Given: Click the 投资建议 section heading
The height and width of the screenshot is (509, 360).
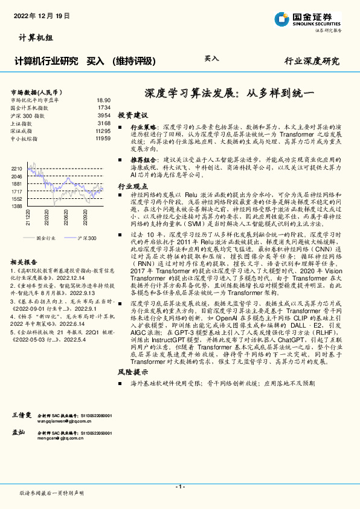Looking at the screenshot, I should click(x=132, y=114).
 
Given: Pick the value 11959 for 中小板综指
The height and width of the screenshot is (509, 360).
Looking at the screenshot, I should click(x=103, y=138).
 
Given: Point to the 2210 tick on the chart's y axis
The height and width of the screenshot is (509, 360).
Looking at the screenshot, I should click(x=17, y=169).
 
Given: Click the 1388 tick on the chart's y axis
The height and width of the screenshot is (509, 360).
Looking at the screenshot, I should click(x=17, y=206).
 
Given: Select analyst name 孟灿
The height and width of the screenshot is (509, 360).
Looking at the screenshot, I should click(x=18, y=433).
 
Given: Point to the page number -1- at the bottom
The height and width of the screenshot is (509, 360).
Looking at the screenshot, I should click(x=179, y=487).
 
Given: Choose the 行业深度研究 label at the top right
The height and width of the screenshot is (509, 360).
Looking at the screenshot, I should click(x=312, y=61).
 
